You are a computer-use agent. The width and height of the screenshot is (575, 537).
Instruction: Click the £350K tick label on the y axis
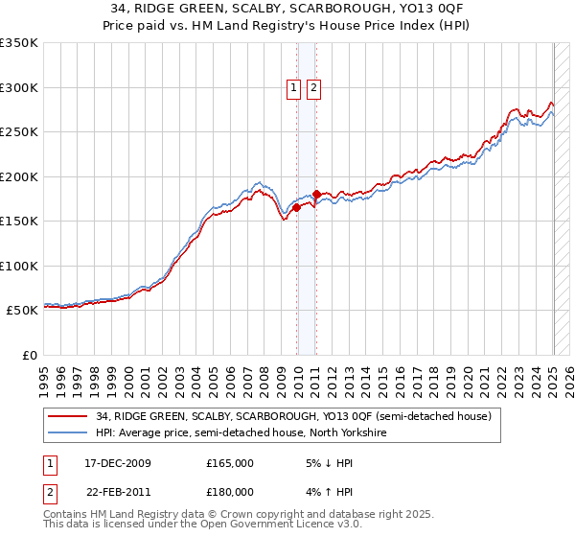[x=19, y=43]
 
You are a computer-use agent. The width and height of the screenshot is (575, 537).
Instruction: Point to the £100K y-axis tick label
[x=19, y=266]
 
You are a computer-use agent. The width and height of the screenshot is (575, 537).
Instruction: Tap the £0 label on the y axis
[x=29, y=355]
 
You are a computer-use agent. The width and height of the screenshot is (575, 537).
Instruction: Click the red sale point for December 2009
[x=297, y=207]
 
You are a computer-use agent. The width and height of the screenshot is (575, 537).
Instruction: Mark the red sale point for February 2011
[x=316, y=194]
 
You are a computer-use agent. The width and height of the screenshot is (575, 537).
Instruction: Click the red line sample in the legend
[x=67, y=416]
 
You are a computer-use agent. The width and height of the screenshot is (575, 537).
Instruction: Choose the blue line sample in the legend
[x=67, y=432]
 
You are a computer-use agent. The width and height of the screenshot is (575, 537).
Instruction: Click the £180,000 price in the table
[x=230, y=492]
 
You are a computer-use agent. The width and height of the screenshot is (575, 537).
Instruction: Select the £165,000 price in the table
[x=230, y=463]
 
